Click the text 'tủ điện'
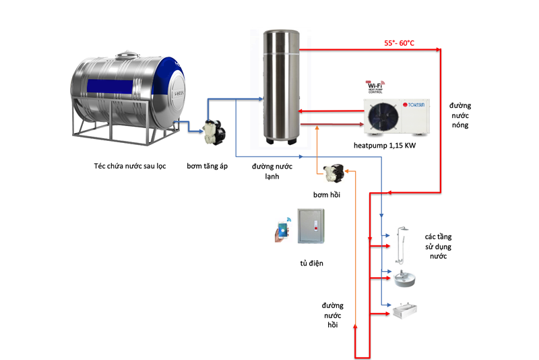pyautogui.click(x=311, y=263)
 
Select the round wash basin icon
pyautogui.click(x=405, y=277)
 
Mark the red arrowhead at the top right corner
pyautogui.click(x=439, y=50)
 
